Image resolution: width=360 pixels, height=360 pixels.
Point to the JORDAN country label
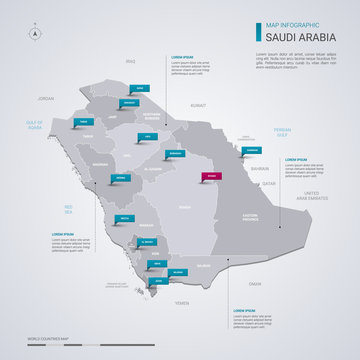coord(45,99)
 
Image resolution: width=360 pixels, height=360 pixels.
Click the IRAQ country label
coord(129,62)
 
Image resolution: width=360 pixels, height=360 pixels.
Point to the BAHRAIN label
coord(260,169)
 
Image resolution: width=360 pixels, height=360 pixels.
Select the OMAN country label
coord(255,284)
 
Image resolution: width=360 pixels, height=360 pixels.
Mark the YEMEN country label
coord(182,302)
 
